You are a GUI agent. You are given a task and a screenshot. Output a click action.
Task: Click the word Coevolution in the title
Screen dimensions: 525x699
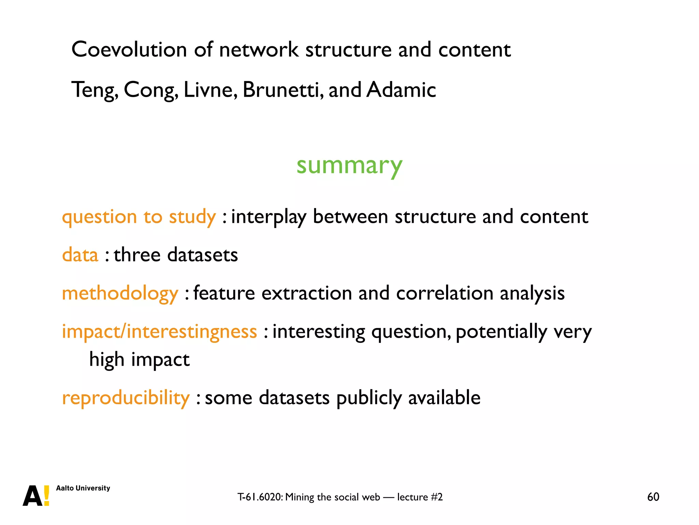[129, 50]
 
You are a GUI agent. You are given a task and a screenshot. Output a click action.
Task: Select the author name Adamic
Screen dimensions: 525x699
[401, 90]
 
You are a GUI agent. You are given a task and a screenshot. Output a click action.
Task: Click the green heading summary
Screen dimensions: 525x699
[349, 166]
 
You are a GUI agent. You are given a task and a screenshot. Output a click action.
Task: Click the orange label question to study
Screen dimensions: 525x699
[139, 217]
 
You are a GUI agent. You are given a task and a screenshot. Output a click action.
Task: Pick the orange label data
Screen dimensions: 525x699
[80, 255]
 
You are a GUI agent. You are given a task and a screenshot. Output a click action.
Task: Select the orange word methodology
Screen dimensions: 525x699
[120, 293]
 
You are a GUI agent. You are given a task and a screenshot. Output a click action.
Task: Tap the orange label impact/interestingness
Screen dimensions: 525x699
[159, 332]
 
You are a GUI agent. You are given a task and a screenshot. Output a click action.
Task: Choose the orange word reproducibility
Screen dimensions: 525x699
[126, 398]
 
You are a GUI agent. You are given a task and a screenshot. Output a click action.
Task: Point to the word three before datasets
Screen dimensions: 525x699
[137, 255]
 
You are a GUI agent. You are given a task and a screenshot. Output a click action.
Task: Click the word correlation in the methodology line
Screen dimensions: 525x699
[444, 293]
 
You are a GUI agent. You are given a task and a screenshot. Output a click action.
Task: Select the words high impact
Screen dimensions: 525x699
[139, 360]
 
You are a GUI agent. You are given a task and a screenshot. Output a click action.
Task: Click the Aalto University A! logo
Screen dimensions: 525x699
[36, 496]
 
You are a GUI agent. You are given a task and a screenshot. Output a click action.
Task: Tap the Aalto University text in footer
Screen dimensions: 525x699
[83, 488]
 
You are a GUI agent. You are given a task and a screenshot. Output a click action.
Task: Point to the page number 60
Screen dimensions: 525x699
[653, 497]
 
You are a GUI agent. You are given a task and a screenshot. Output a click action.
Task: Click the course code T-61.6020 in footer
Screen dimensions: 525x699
[260, 497]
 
